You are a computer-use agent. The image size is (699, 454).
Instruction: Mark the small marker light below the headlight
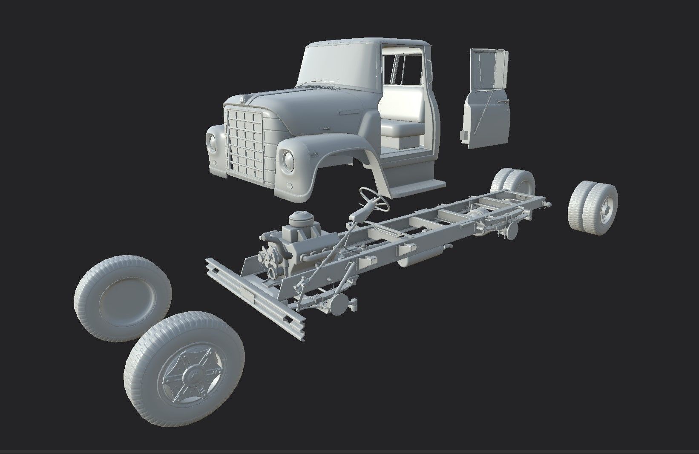290,186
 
